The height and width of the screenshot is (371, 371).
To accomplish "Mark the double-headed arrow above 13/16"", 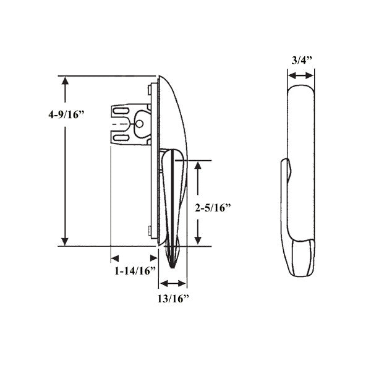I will pyautogui.click(x=173, y=284).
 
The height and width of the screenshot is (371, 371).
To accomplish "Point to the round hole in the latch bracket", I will pyautogui.click(x=139, y=124).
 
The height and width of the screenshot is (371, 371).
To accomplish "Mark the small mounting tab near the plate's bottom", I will pyautogui.click(x=151, y=232).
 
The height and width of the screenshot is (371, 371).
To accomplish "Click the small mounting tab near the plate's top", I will pyautogui.click(x=151, y=90).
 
